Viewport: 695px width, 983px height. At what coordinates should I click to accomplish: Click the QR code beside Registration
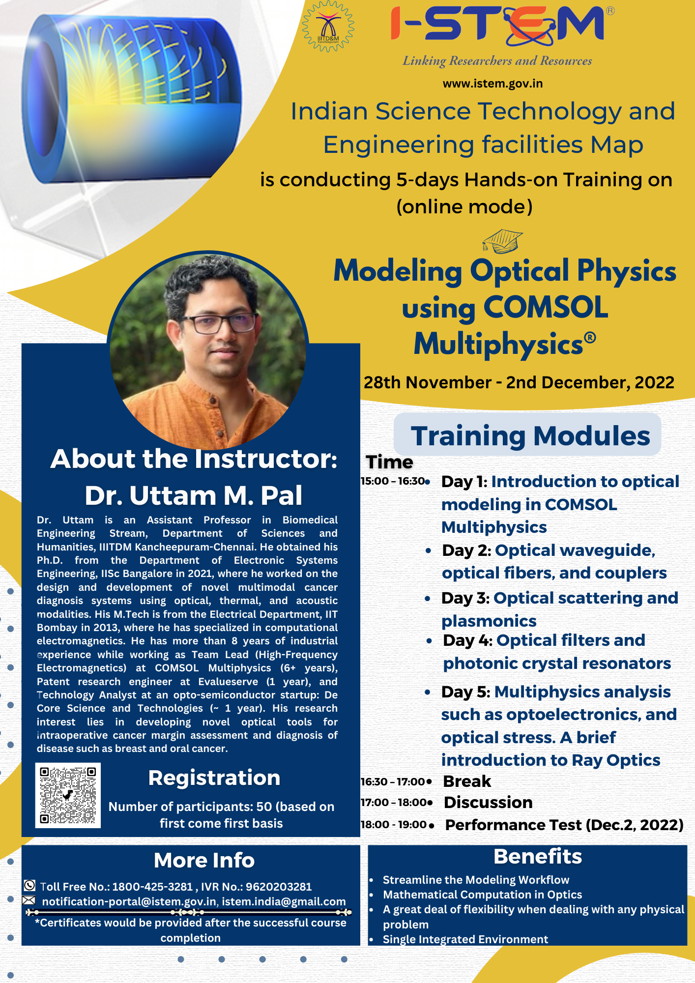coord(68,795)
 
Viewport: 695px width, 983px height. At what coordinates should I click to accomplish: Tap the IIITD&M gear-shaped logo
coord(328,27)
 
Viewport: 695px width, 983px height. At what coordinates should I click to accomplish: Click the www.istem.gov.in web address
coord(492,84)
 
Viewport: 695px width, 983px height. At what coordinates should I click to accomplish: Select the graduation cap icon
coord(502,241)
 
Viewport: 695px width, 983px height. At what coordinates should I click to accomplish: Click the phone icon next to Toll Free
coord(29,885)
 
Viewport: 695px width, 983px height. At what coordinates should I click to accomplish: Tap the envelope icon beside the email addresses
coord(29,900)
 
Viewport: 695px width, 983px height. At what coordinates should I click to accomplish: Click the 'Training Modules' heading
coord(530,435)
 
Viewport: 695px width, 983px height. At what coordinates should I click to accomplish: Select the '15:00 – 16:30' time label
coord(393,481)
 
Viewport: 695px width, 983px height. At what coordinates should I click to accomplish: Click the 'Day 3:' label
coord(465,598)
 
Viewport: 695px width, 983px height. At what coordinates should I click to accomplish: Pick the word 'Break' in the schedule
coord(467,781)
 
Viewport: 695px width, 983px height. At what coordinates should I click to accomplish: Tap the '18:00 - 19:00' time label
coord(394,824)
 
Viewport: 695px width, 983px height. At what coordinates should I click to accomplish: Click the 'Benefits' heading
coord(538,857)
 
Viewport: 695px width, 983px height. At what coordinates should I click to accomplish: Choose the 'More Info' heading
coord(204,861)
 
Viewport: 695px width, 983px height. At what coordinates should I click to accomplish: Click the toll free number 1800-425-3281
coord(152,887)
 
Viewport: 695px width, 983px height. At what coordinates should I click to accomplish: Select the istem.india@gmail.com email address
coord(284,901)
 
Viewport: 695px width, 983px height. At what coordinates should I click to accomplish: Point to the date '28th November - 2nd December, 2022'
coord(519,382)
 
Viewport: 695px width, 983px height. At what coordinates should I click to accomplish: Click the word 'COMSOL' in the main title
coord(546,307)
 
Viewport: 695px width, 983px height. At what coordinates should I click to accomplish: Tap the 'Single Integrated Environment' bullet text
coord(465,939)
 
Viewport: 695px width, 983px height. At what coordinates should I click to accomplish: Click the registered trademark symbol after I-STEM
coord(610,11)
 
